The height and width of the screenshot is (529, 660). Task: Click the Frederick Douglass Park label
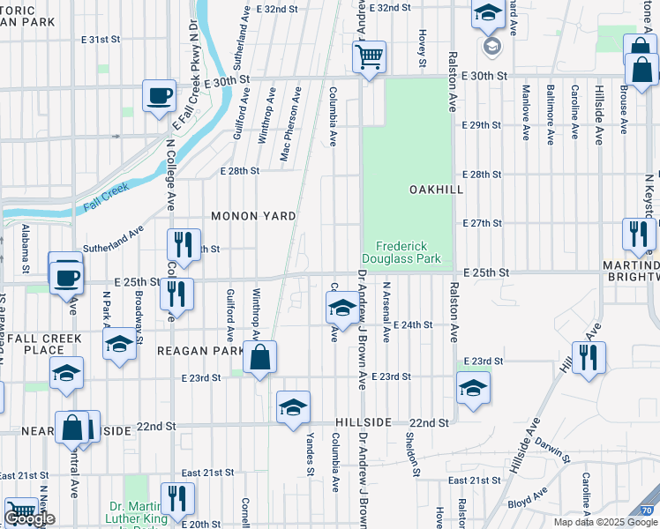coord(407,253)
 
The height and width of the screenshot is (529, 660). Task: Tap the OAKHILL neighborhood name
coord(431,190)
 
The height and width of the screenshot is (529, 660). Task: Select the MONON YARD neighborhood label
coord(252,215)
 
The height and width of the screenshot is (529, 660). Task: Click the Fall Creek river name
coord(106,195)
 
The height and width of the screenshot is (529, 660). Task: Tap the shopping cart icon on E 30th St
coord(370,57)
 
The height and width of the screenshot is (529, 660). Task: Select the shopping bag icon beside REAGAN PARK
coord(259,358)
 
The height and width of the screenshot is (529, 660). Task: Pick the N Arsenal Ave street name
coord(386,312)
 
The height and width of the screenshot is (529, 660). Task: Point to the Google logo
coord(29,519)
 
